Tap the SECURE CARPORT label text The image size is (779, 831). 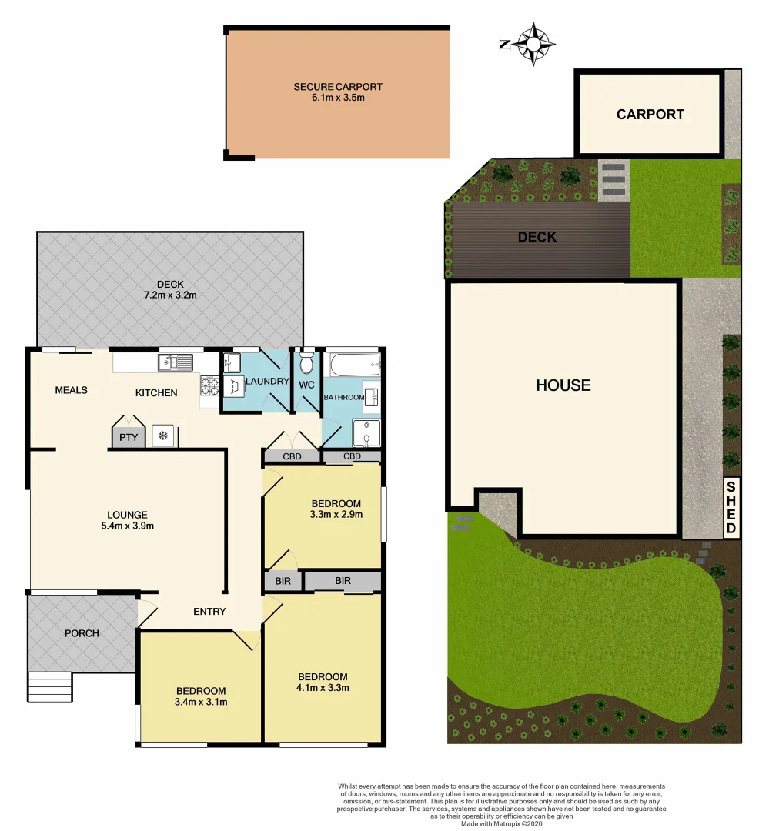pos(338,87)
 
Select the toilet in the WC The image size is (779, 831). pos(306,362)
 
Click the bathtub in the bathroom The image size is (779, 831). pos(353,365)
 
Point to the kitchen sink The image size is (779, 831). pos(176,362)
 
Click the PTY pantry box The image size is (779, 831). pos(128,437)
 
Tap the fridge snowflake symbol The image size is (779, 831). pos(163,436)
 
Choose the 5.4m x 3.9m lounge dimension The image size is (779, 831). pos(128,526)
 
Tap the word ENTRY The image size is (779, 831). pos(209,612)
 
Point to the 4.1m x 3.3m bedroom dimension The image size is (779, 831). pos(323,687)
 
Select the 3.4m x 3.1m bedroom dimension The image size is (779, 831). pos(201,702)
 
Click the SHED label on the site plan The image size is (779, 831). pos(731,507)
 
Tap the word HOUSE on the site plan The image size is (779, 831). pos(563,385)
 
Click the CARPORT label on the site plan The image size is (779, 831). pos(650,115)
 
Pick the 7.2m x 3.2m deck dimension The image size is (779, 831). pos(169,295)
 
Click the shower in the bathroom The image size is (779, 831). pos(366,433)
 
